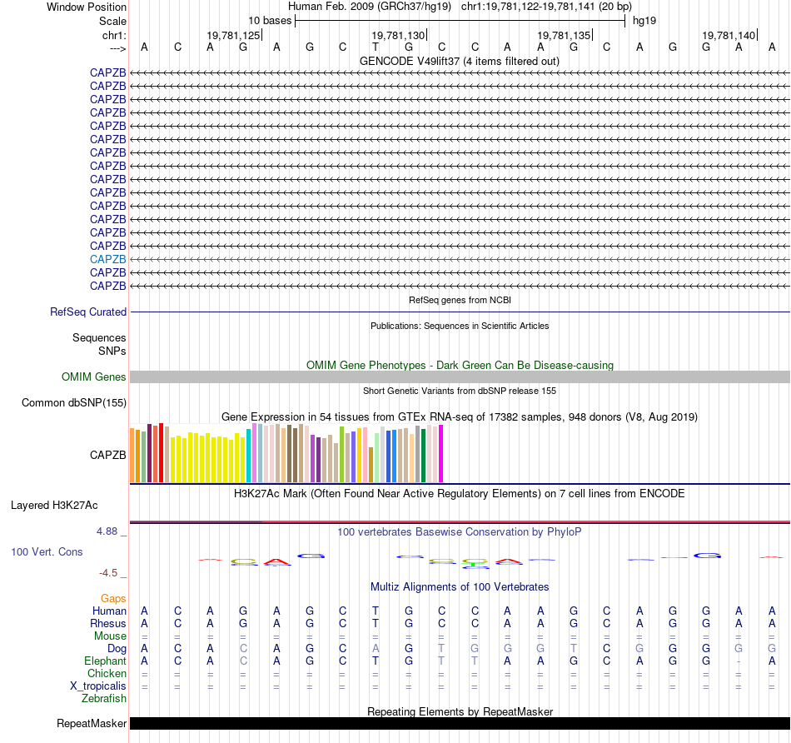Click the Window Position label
87,7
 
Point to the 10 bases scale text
270,20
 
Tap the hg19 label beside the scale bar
645,20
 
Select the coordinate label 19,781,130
398,35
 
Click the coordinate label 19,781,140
729,35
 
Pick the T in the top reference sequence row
376,47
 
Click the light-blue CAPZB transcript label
108,259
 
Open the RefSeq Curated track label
88,312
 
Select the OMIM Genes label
94,377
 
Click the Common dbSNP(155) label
73,403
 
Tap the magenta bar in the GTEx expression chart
440,453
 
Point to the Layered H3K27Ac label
54,505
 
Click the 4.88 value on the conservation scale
111,531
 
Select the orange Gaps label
113,598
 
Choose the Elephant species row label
106,661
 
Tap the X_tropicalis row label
98,686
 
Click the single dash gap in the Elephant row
739,661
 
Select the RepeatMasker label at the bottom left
92,723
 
